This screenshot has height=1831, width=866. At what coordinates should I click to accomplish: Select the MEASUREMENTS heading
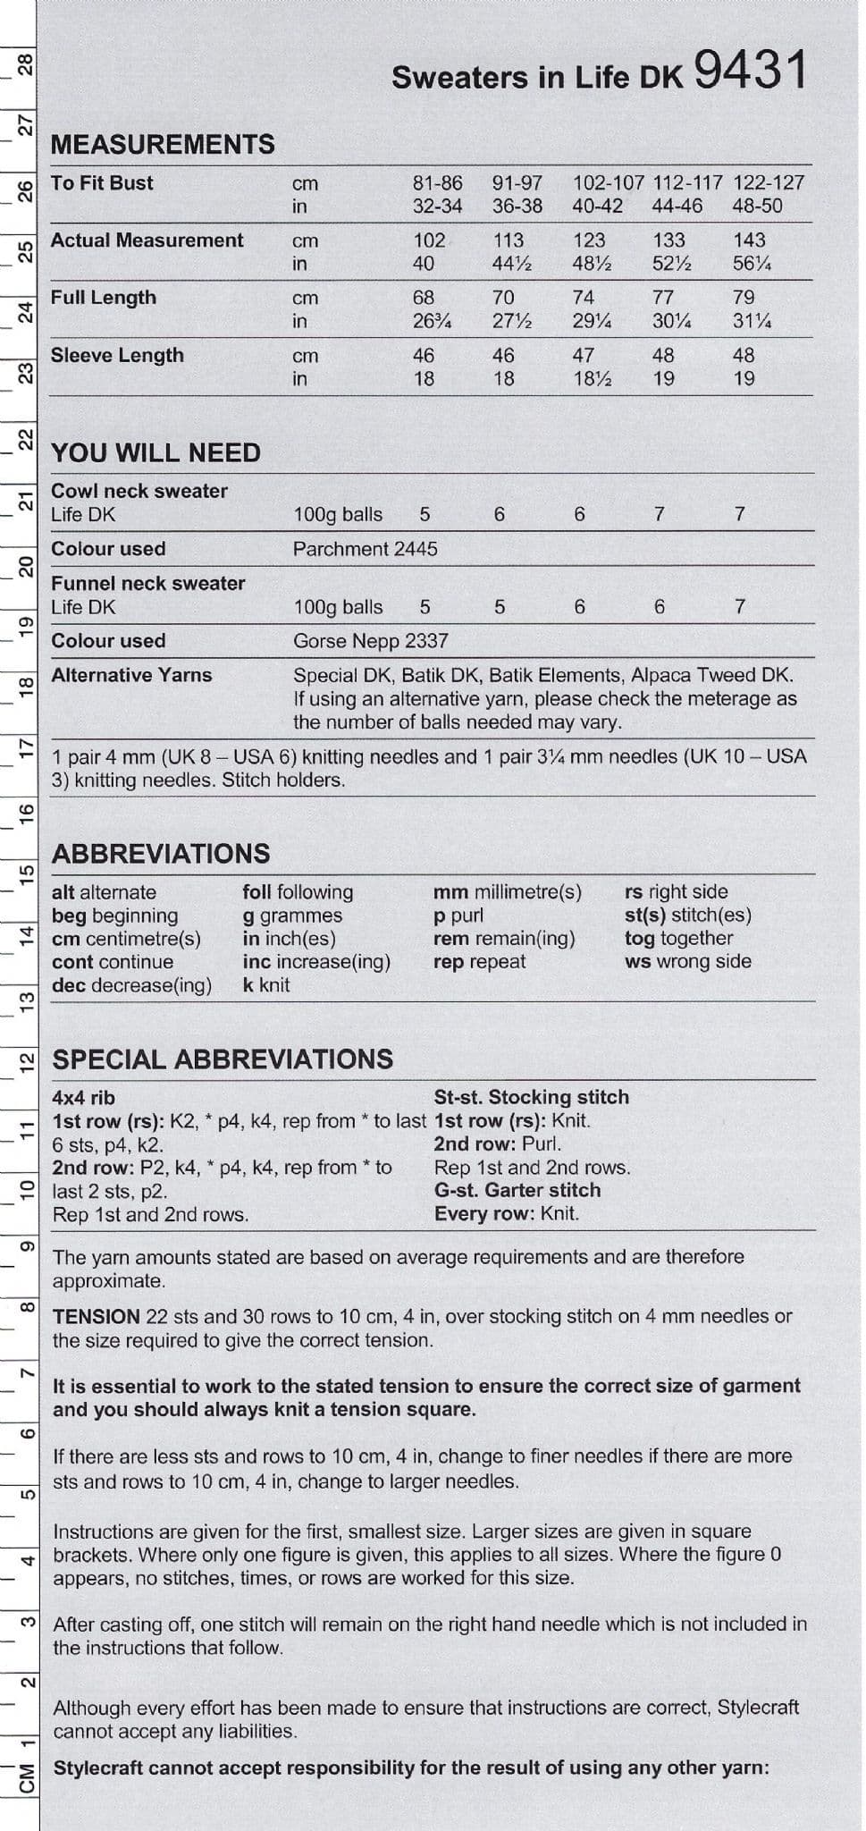coord(163,144)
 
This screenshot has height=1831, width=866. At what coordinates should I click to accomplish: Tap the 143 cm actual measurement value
coord(749,240)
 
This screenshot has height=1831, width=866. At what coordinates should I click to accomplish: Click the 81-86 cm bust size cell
coord(437,183)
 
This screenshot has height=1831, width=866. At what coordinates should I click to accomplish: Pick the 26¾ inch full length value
coord(431,321)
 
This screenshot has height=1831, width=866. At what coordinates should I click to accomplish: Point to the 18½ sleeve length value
coord(591,379)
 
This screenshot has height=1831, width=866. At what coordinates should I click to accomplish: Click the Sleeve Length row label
coord(117,355)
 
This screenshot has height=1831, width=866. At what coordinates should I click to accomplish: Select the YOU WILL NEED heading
coord(156,452)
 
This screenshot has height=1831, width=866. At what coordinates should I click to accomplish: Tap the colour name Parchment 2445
coord(365,549)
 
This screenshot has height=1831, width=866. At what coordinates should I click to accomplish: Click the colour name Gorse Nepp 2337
coord(370,641)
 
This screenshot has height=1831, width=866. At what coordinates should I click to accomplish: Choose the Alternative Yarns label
coord(131,675)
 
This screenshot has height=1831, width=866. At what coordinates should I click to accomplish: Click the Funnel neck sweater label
coord(147,583)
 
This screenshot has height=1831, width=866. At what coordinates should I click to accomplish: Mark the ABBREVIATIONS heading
coord(161,853)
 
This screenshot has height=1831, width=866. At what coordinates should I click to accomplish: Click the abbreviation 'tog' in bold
coord(640,939)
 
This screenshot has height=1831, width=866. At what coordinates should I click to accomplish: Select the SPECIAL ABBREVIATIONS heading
coord(223,1059)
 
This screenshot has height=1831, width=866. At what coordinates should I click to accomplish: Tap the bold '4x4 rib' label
coord(84,1098)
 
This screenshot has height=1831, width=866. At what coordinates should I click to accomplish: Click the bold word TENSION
coord(97,1317)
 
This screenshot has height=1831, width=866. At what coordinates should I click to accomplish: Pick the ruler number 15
coord(27,872)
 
